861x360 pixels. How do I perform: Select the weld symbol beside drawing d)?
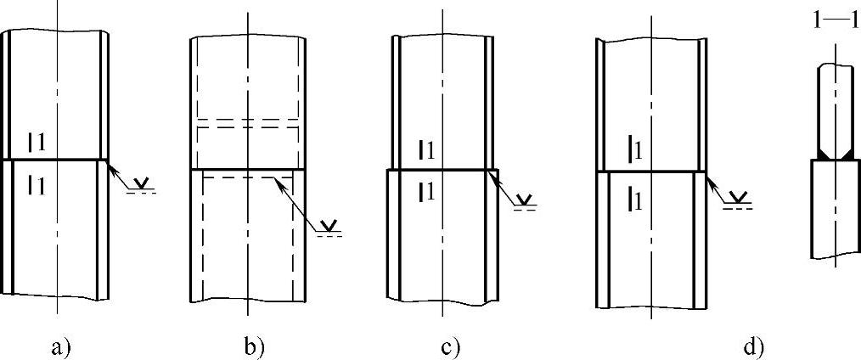click(740, 198)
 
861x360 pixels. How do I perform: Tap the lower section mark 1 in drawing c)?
click(427, 191)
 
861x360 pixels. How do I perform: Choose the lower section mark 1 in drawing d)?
click(633, 200)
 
